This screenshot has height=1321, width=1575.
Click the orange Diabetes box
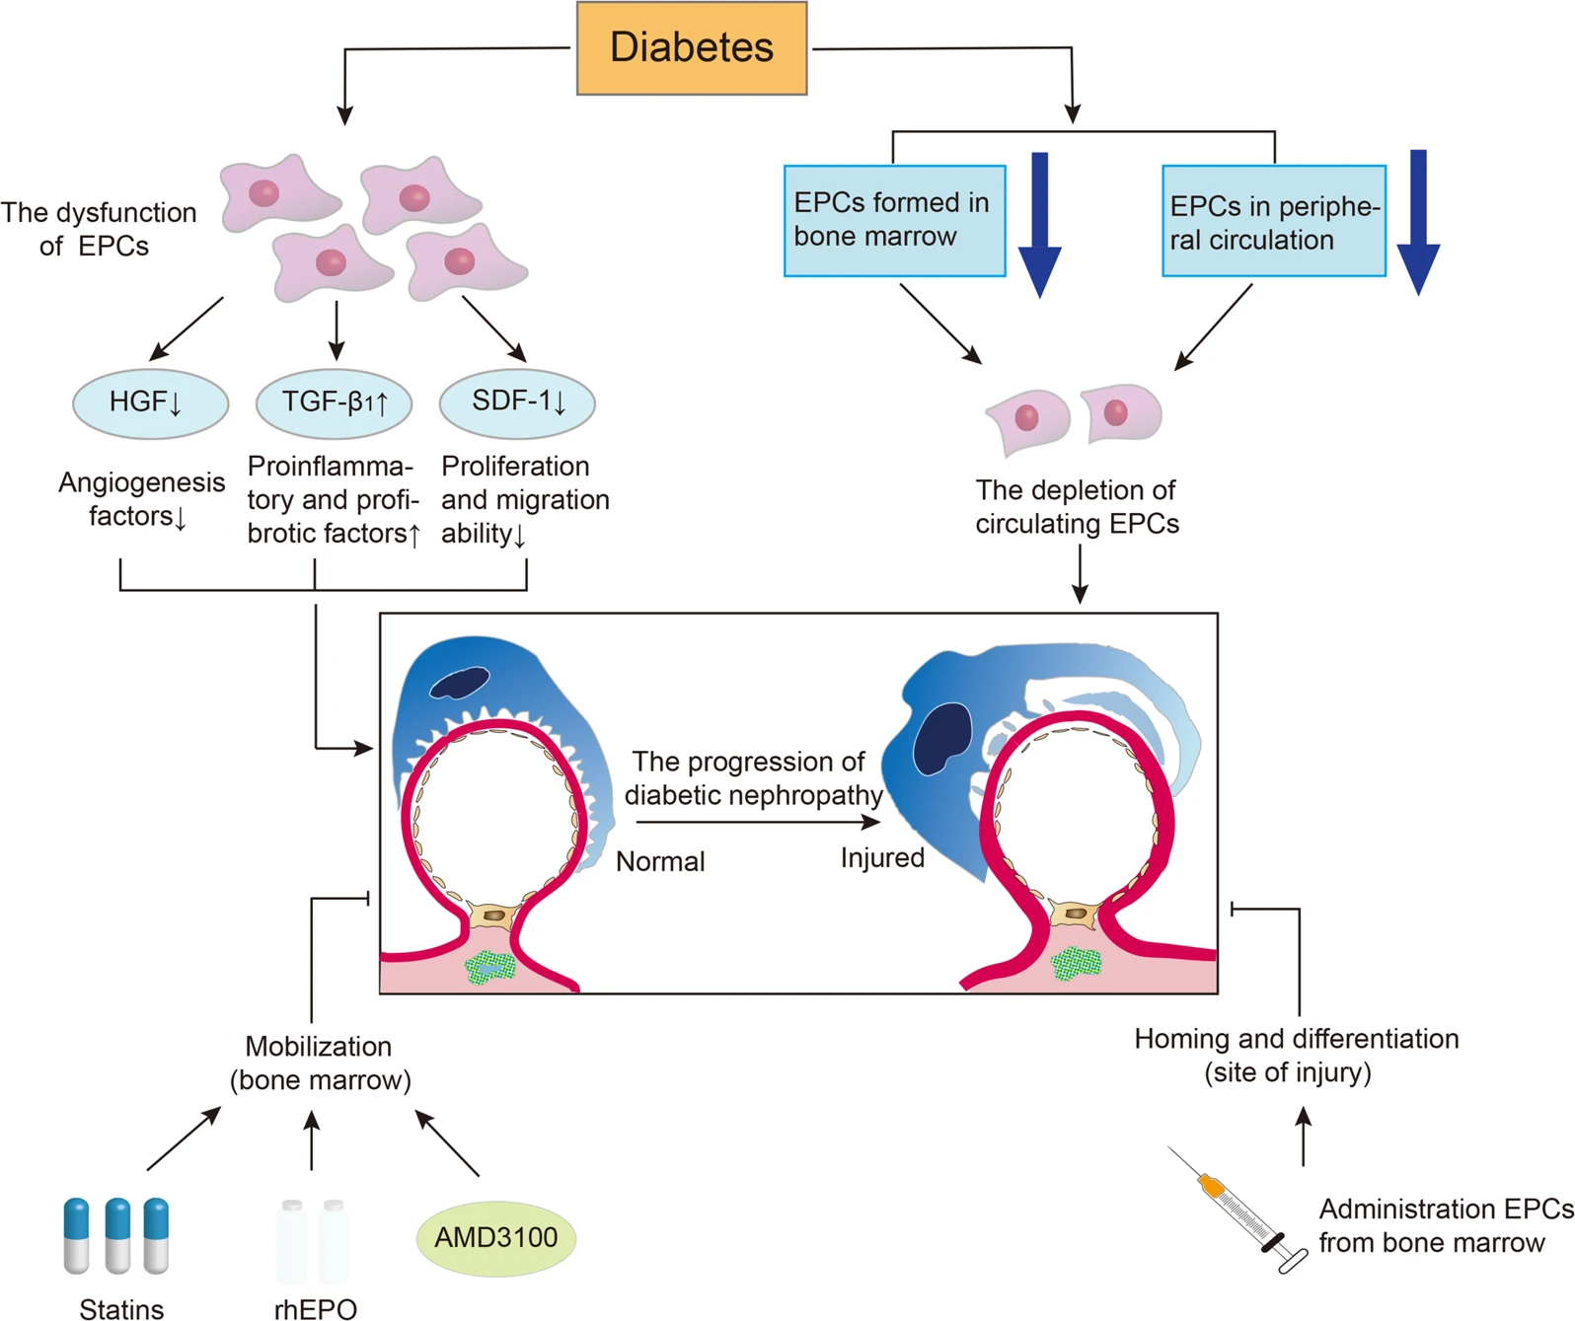click(692, 48)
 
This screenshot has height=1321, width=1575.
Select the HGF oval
click(150, 403)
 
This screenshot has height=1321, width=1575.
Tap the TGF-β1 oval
click(334, 403)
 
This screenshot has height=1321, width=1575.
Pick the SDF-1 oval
click(517, 403)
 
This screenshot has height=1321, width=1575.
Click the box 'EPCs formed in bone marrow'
click(894, 221)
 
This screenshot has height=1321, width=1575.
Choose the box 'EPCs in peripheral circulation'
click(1273, 221)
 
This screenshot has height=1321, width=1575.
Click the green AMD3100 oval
click(495, 1238)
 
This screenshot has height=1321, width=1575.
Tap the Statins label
click(121, 1309)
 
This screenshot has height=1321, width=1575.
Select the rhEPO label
click(315, 1309)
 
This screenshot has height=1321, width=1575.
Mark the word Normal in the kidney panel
click(660, 862)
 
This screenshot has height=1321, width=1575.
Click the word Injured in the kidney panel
click(882, 858)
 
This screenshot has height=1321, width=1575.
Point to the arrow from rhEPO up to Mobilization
click(312, 1140)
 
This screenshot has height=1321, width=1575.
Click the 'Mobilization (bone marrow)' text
click(320, 1064)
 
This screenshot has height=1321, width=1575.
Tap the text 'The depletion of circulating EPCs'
click(1077, 507)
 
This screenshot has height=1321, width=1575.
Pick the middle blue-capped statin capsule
click(117, 1234)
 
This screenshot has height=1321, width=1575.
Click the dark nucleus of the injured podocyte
click(941, 738)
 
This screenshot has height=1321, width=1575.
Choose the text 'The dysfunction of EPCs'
click(98, 229)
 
